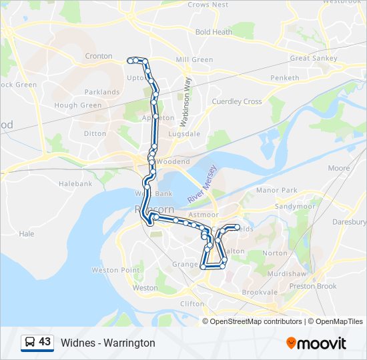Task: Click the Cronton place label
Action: tap(99, 57)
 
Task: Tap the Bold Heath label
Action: tap(214, 32)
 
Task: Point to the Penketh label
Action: tap(284, 79)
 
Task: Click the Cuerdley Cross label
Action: tap(237, 101)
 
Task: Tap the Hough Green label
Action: tap(78, 105)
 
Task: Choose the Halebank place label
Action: tap(75, 183)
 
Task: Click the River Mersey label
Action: tap(203, 185)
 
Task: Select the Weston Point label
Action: tap(116, 270)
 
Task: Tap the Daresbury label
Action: tap(353, 221)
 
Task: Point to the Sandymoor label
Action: tap(294, 207)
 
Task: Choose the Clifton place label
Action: tap(193, 303)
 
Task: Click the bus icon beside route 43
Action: tap(30, 343)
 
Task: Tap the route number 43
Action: tap(45, 342)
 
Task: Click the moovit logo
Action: tap(316, 343)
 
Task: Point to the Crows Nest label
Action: tap(208, 5)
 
